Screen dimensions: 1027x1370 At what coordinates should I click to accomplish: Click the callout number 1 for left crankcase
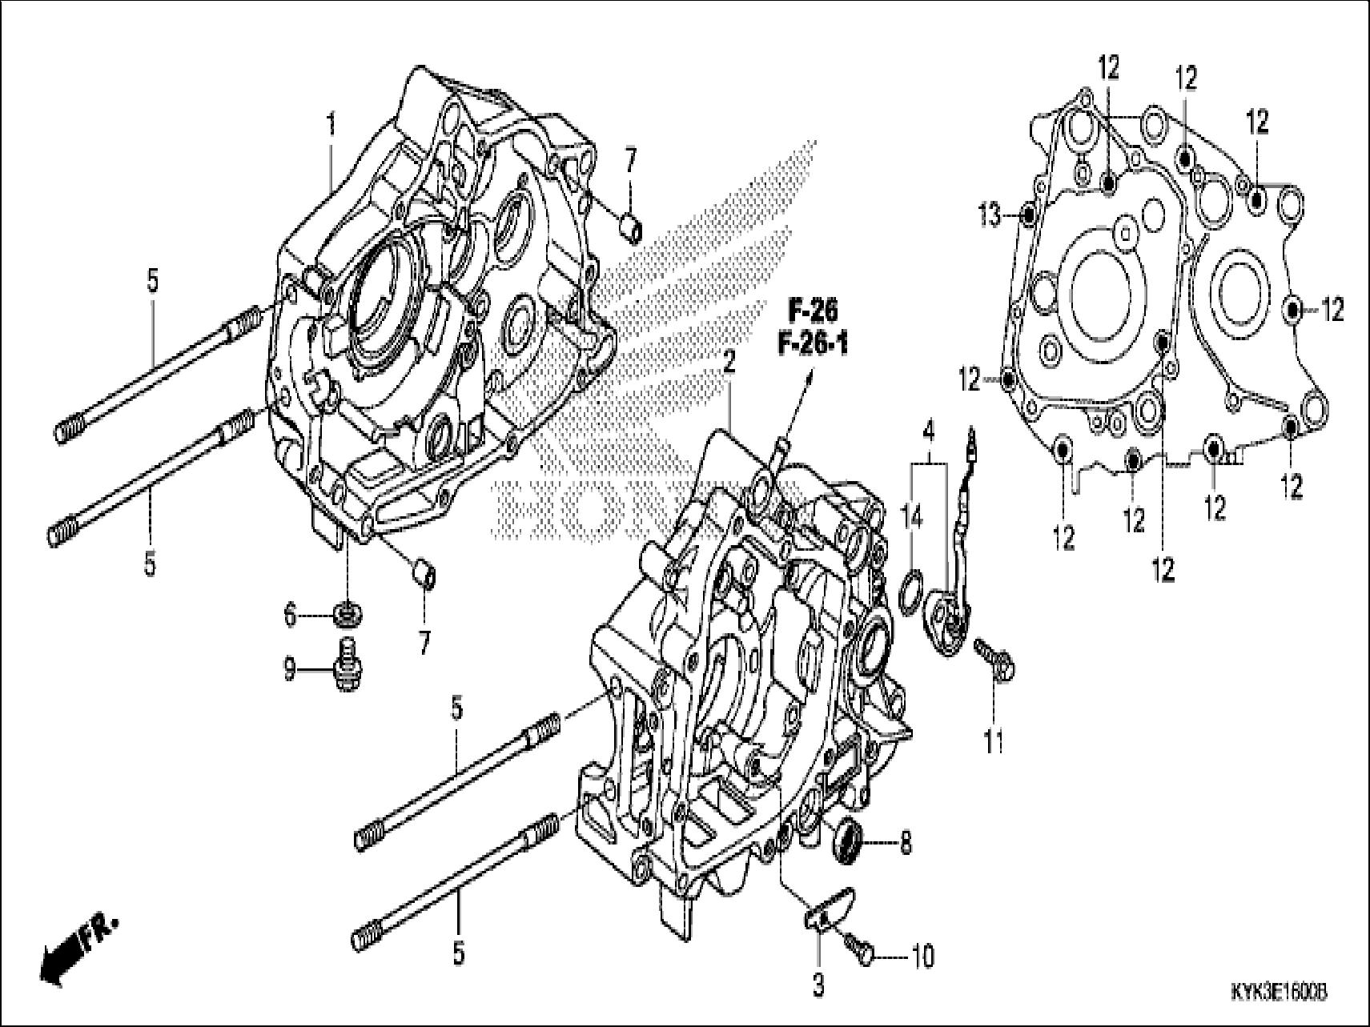point(330,126)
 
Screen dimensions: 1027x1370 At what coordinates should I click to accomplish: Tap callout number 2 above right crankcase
point(728,364)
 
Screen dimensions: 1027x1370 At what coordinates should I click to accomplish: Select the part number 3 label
point(818,985)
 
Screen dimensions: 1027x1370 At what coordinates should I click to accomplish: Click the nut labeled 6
point(346,615)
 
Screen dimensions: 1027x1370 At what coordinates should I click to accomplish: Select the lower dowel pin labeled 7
point(422,574)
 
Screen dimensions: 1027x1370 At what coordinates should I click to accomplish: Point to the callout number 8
point(905,843)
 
